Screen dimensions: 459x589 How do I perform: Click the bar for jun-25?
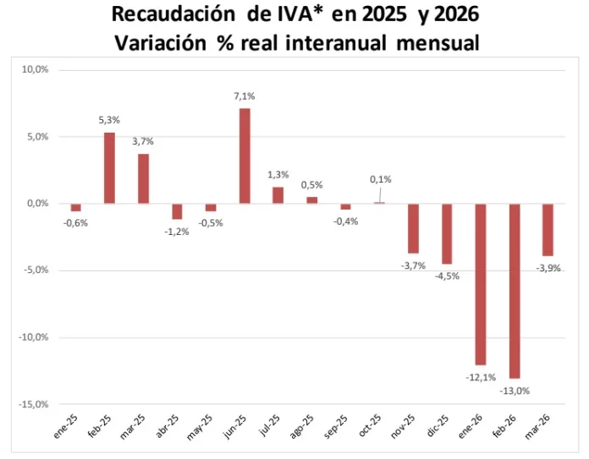245,156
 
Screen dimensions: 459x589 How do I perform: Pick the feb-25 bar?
109,167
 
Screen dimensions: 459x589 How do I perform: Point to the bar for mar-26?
548,229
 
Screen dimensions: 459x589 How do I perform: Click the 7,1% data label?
245,97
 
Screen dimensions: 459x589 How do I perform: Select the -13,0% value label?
515,391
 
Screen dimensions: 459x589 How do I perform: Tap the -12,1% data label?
481,378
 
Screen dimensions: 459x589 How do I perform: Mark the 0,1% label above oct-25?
381,179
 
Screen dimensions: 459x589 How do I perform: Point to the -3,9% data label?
548,268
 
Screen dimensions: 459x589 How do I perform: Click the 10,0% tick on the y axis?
36,69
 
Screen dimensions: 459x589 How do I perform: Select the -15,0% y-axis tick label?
35,404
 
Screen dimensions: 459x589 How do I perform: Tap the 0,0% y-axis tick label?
38,203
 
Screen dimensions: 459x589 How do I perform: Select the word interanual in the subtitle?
344,41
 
